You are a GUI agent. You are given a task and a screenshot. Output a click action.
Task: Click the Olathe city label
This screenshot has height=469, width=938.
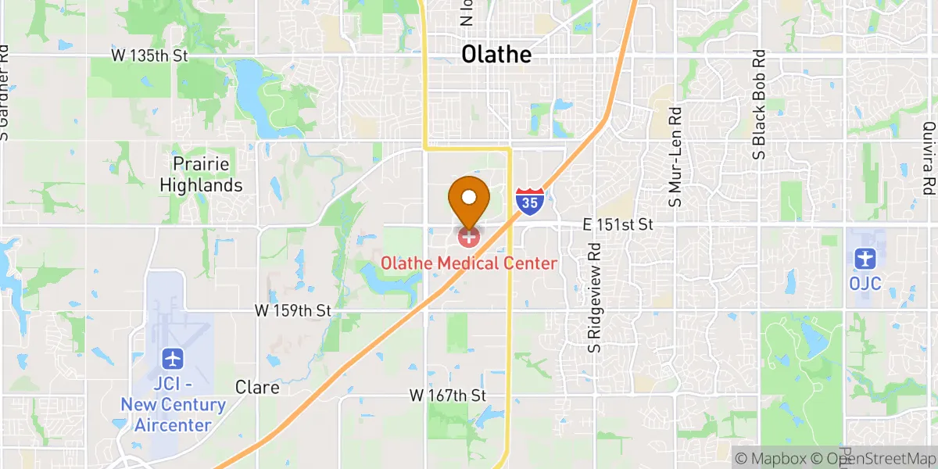[496, 54]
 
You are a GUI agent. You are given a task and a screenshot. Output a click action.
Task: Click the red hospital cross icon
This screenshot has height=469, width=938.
[469, 235]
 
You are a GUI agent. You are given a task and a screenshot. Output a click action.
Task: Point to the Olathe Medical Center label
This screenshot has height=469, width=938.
[469, 263]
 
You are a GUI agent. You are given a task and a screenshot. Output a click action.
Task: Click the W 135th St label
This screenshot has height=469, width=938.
[150, 56]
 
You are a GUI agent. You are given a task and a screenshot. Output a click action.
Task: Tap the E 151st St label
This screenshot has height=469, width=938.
[618, 224]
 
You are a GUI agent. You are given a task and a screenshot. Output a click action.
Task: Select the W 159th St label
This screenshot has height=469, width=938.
[293, 310]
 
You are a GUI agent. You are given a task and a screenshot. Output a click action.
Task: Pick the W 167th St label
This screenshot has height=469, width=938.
[448, 396]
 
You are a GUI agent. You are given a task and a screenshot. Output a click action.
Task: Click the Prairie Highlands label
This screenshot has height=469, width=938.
[202, 175]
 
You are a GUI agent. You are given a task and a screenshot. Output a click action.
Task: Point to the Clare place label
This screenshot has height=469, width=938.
[258, 388]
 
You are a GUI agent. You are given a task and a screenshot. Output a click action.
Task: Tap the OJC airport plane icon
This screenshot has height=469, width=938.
[865, 257]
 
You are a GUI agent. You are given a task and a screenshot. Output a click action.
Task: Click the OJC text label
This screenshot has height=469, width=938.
[865, 283]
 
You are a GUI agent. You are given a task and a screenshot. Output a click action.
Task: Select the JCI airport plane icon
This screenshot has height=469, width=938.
[174, 359]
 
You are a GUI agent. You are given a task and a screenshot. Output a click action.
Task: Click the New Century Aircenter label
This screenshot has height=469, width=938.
[173, 415]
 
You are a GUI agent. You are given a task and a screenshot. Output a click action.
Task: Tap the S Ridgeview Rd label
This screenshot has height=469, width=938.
[596, 298]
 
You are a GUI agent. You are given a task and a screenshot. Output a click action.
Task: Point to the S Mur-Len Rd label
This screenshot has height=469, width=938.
[676, 157]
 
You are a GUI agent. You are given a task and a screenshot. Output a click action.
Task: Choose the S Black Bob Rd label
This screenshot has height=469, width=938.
[758, 106]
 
